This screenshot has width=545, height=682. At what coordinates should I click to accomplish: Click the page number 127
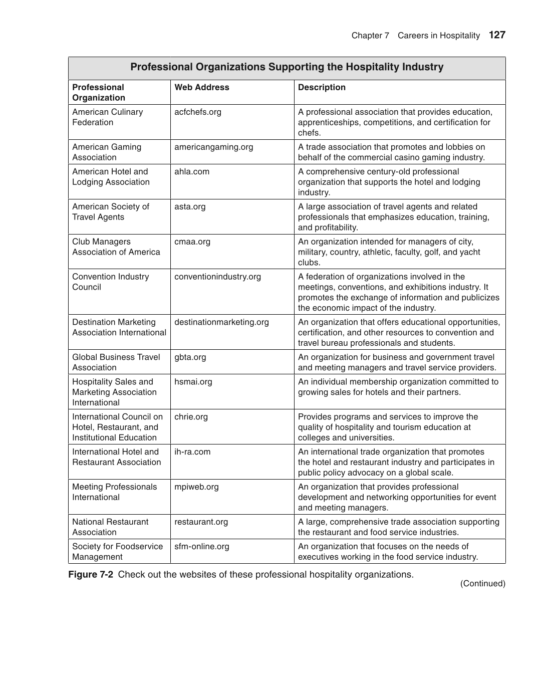coord(497,35)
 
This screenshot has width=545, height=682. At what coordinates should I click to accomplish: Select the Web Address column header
coord(201,87)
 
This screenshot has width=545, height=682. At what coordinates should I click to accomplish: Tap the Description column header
coord(322,87)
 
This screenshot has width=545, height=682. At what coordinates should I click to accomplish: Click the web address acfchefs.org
coord(197,112)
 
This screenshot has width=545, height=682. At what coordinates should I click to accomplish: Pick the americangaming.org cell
coord(213,147)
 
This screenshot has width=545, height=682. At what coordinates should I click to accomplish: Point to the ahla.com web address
coord(192,171)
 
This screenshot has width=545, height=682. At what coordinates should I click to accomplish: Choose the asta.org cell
coord(190,206)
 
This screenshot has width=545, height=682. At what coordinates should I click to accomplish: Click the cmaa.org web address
coord(192,242)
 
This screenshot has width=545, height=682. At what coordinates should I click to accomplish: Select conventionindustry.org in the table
coord(217,277)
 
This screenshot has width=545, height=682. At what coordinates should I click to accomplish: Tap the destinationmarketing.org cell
coord(221,322)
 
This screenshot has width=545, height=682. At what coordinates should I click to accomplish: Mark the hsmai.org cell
coord(193,382)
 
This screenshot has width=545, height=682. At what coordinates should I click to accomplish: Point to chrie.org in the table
coord(191,417)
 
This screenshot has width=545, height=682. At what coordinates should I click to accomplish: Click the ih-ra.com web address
coord(192,452)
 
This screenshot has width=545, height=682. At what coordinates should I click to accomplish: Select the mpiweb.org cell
coord(196,487)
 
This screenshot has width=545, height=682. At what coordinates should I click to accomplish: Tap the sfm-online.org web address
coord(201,546)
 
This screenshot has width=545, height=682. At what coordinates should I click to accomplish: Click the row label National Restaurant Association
coord(110,527)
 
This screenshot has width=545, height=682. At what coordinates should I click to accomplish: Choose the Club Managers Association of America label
coord(116,247)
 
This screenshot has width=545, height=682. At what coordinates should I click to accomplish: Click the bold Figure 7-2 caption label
coord(91,574)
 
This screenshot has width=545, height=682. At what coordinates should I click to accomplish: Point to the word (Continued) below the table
coord(482,583)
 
